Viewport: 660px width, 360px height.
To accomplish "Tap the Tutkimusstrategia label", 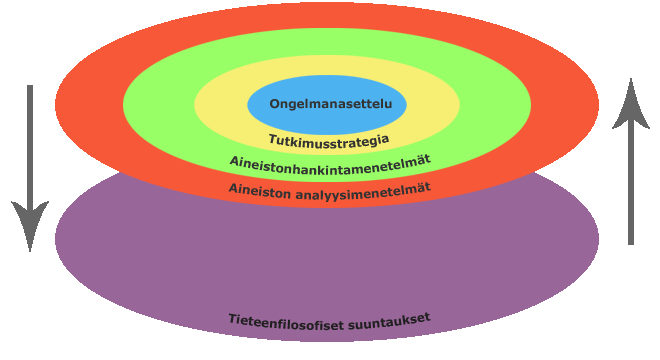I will point(329,141).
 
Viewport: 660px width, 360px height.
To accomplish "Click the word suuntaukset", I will point(391,318).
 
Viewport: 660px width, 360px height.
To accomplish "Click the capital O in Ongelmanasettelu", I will point(274,104).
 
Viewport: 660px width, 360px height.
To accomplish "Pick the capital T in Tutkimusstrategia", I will point(272,142).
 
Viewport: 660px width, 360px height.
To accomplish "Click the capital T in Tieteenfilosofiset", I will point(232,322).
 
